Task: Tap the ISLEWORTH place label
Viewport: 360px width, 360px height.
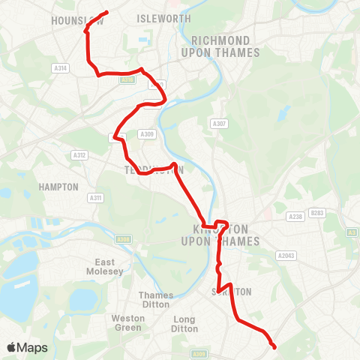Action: click(x=165, y=18)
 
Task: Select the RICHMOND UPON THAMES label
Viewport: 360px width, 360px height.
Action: click(x=220, y=46)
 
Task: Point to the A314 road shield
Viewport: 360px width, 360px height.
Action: click(x=61, y=68)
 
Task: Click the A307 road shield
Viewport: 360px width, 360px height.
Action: click(x=219, y=124)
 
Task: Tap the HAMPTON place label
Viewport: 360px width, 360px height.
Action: click(x=59, y=186)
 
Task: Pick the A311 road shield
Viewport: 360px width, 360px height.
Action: click(x=94, y=198)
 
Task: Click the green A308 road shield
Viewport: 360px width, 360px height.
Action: click(x=124, y=239)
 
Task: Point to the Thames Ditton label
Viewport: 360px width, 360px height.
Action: click(x=156, y=300)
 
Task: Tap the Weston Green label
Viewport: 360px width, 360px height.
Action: click(x=128, y=323)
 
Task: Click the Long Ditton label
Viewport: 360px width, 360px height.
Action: click(x=184, y=323)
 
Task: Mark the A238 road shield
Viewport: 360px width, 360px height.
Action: click(x=295, y=217)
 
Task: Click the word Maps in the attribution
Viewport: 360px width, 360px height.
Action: click(x=32, y=347)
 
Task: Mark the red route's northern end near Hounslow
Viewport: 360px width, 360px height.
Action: click(x=108, y=12)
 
